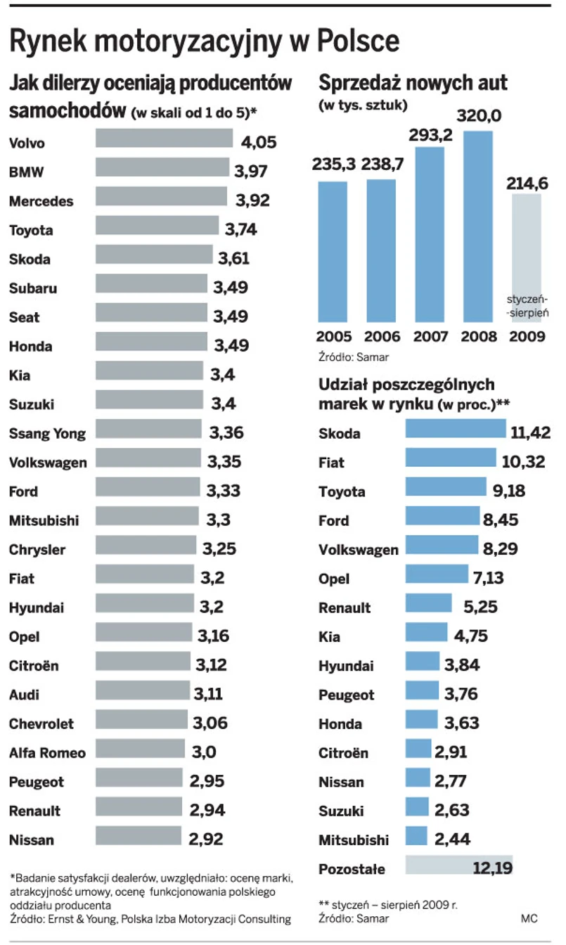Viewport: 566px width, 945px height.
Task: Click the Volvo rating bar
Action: tap(164, 139)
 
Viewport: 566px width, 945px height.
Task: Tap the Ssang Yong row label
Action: tap(47, 433)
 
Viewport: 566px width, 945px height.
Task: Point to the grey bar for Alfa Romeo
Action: tap(140, 748)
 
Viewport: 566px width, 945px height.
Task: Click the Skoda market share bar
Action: tap(456, 429)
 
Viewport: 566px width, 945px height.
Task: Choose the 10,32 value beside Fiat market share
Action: tap(527, 463)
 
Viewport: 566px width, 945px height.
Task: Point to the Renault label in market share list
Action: tap(345, 607)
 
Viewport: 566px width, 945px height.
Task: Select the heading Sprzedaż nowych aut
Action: tap(413, 84)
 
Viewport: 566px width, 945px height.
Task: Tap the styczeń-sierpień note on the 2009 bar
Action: tap(527, 305)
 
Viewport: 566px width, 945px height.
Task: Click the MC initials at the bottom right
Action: tap(529, 918)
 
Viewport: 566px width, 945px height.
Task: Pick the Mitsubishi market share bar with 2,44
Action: tap(416, 836)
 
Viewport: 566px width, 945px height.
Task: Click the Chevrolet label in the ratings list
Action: tap(41, 724)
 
